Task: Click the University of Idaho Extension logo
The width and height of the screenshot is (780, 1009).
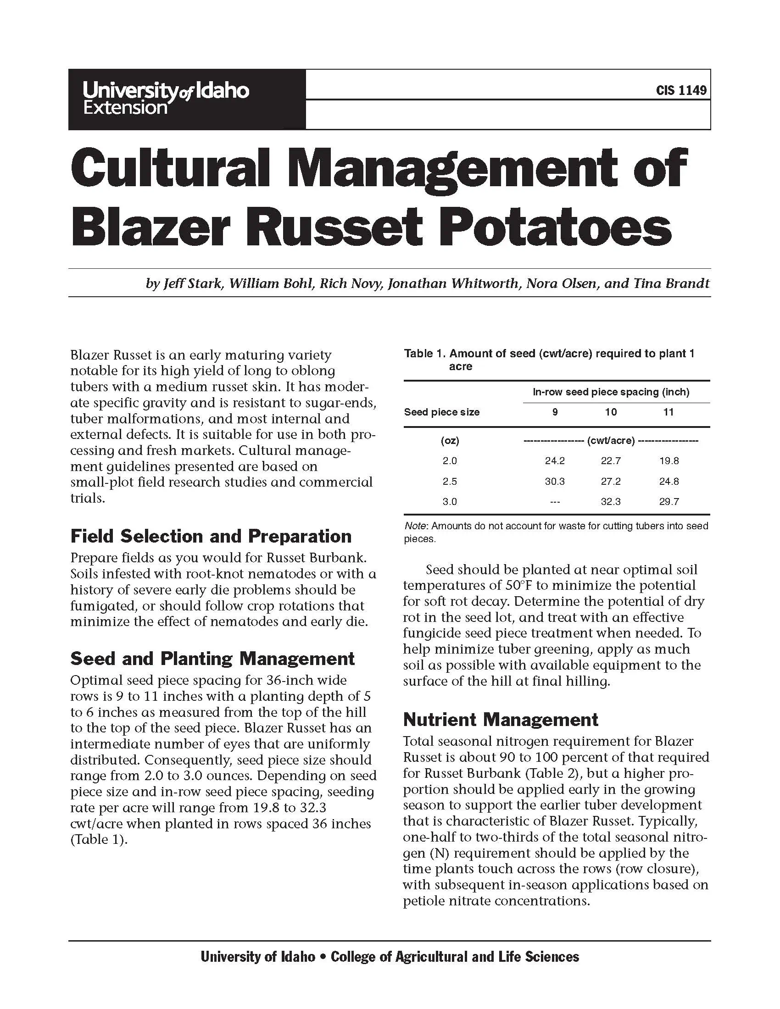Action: click(166, 99)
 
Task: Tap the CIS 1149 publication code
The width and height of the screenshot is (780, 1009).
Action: click(680, 90)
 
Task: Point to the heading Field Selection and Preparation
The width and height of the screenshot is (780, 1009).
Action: click(211, 537)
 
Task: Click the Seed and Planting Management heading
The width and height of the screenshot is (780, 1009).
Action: click(212, 659)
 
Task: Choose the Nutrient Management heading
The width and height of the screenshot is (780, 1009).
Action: click(501, 720)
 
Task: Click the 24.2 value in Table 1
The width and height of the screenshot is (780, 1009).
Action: click(555, 460)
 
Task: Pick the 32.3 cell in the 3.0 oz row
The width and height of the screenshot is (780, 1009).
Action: click(610, 502)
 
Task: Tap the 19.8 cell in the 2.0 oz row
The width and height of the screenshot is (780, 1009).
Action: click(669, 460)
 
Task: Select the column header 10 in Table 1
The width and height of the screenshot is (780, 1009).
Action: click(610, 412)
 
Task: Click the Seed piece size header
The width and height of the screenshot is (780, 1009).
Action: click(441, 412)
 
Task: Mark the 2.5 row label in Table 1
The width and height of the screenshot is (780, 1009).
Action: click(450, 482)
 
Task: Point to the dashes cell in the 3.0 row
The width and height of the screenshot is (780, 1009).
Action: click(555, 502)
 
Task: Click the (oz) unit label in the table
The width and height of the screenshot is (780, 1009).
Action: click(450, 441)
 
